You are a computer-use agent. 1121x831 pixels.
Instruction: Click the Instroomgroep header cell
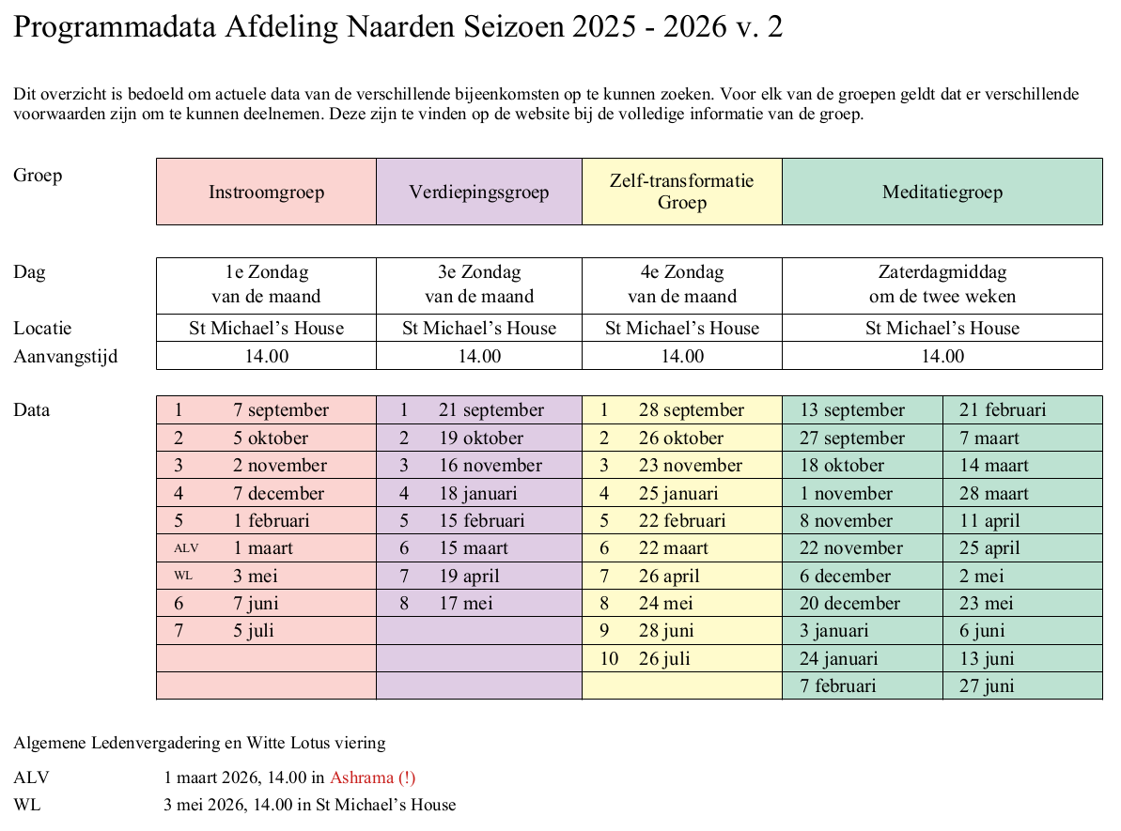click(266, 192)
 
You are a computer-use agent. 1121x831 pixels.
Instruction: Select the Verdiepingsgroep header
click(478, 192)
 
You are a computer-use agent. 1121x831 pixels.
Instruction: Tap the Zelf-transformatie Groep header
click(681, 192)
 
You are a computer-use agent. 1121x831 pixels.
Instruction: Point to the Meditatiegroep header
click(942, 192)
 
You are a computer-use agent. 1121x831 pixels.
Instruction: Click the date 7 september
click(281, 410)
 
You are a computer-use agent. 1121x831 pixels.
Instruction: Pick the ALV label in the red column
click(186, 548)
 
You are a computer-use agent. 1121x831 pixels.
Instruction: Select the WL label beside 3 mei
click(183, 576)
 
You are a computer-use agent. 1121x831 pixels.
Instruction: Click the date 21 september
click(490, 410)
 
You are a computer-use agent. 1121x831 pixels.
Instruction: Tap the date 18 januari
click(477, 493)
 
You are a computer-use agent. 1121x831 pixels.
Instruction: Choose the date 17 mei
click(465, 604)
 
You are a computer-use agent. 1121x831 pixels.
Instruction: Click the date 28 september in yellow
click(691, 410)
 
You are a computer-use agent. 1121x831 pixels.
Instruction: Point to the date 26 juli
click(664, 658)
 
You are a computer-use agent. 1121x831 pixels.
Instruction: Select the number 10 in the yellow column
click(609, 658)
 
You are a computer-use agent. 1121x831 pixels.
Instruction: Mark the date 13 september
click(851, 410)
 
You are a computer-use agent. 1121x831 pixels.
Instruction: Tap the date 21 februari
click(1002, 410)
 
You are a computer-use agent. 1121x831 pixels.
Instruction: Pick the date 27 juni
click(986, 686)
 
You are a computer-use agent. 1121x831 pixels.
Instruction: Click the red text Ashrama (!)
click(372, 777)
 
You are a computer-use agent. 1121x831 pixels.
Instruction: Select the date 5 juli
click(253, 631)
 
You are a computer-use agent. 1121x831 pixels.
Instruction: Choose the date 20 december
click(849, 604)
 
